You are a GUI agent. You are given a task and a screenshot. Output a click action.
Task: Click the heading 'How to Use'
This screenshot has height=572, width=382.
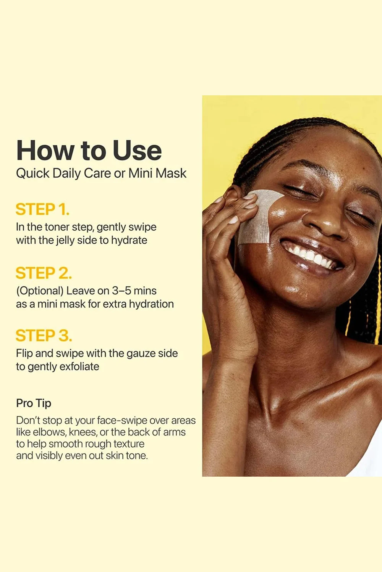pos(89,150)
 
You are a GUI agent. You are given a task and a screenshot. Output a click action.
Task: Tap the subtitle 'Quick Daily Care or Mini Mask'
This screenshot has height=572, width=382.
pos(101,173)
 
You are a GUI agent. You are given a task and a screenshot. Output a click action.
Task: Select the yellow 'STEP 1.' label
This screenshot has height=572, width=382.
pos(42,209)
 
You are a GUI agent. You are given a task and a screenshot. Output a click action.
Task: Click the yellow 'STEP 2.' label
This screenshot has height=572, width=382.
pos(44,273)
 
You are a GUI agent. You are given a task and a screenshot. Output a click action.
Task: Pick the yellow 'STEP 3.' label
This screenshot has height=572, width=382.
pos(44,336)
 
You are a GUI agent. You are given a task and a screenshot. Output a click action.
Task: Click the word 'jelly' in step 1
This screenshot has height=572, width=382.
pos(64,240)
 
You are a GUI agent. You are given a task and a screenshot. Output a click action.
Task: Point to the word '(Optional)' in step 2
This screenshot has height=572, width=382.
pos(40,291)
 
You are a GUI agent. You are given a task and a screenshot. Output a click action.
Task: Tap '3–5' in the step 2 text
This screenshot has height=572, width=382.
pos(121,291)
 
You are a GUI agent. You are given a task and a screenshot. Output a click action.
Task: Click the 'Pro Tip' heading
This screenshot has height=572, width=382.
pos(34,403)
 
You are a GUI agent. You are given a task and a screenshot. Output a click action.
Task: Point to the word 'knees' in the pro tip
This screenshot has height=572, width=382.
pos(83,432)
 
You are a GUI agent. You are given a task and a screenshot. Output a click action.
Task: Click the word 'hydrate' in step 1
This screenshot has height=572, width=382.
pos(129,240)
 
